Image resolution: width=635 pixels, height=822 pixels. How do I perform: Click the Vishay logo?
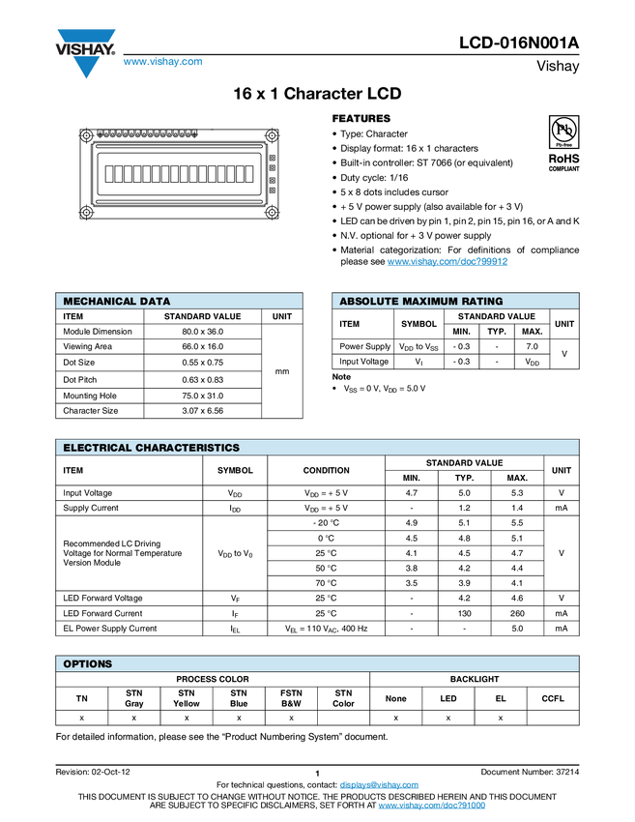(85, 53)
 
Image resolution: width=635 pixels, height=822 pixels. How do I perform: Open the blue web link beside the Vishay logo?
(162, 63)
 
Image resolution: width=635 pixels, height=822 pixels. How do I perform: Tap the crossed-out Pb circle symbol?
(563, 130)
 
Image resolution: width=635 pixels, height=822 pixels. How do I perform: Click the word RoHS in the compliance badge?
(563, 158)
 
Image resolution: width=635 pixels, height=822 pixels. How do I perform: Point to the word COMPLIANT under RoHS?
(563, 169)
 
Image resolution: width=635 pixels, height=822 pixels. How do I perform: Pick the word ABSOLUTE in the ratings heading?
(369, 302)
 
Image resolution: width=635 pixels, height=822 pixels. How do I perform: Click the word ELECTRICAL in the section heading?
(98, 448)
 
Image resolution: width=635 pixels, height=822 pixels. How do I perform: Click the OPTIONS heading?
(87, 664)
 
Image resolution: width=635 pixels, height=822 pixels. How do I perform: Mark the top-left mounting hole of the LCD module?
(86, 135)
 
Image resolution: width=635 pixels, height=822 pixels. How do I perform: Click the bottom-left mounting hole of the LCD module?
(86, 213)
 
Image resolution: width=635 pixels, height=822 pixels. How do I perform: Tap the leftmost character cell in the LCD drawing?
(109, 174)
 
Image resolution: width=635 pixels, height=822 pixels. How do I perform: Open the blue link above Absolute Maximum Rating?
(447, 262)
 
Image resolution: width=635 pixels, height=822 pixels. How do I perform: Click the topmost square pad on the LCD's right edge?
(273, 158)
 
